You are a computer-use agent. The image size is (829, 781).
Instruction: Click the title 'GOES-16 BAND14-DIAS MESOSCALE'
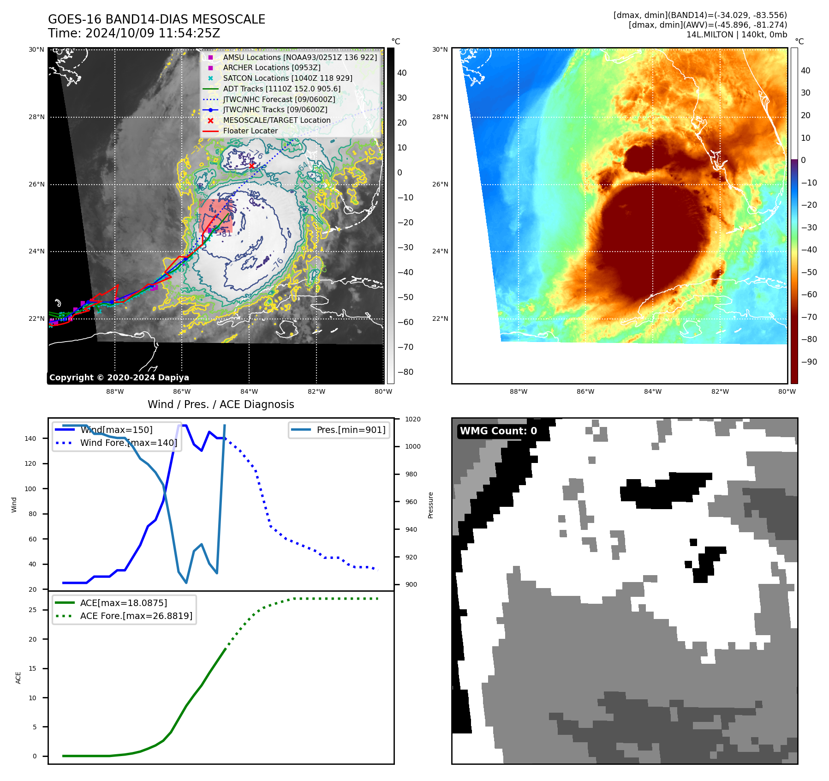click(156, 19)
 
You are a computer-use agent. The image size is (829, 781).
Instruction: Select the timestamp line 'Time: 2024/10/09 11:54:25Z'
click(134, 33)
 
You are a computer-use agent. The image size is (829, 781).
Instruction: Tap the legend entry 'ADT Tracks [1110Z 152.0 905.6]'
click(281, 89)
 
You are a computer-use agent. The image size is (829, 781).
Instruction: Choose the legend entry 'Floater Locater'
click(250, 131)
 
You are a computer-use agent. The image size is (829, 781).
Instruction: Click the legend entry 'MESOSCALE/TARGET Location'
click(276, 120)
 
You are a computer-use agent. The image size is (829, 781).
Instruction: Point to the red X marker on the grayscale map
click(251, 165)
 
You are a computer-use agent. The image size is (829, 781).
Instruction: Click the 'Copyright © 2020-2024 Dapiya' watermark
click(119, 378)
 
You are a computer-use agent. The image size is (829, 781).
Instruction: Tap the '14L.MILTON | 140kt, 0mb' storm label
click(736, 35)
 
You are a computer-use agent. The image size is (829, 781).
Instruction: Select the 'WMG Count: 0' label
click(498, 431)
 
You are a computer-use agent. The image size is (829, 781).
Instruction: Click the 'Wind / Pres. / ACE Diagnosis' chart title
click(221, 404)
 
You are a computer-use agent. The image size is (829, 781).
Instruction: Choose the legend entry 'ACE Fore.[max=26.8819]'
click(136, 616)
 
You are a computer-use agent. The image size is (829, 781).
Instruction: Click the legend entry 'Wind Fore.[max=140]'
click(128, 443)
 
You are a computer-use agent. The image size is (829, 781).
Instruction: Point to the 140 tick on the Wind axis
click(30, 439)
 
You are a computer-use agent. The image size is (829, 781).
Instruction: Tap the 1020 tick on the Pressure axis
click(412, 419)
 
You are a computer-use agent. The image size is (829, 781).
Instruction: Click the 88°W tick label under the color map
click(518, 391)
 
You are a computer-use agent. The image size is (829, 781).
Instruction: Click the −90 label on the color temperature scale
click(809, 361)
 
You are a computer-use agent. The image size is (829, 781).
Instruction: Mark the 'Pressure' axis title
click(430, 505)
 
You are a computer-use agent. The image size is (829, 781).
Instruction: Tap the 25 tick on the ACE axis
click(32, 610)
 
